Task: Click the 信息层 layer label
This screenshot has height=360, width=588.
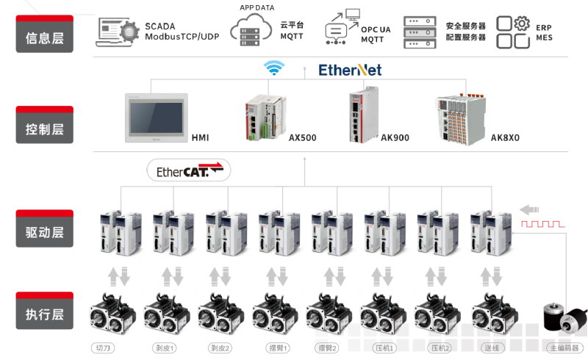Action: click(45, 37)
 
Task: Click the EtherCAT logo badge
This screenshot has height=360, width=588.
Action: click(189, 172)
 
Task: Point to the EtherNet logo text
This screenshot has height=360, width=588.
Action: click(350, 71)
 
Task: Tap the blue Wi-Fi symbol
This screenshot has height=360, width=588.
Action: click(274, 69)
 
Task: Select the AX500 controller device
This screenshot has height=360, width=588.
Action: click(261, 118)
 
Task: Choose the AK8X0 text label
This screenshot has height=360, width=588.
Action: click(505, 137)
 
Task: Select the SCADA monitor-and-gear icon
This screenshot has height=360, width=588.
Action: click(118, 32)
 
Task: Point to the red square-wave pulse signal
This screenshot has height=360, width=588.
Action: click(542, 222)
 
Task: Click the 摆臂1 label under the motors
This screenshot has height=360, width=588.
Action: click(277, 348)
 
